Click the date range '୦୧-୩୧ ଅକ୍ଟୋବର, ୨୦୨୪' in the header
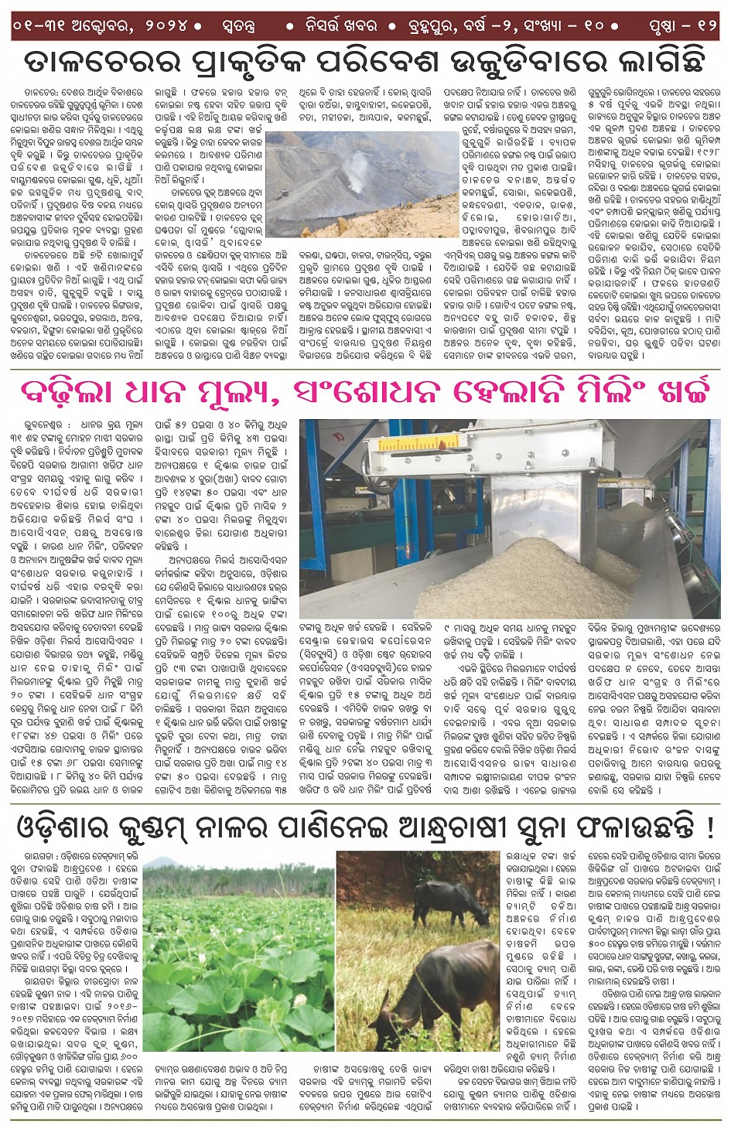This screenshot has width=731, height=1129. click(x=101, y=26)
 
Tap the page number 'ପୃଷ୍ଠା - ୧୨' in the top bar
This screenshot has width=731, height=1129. click(x=683, y=26)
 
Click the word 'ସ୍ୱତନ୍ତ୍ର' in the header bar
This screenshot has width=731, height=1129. click(x=234, y=26)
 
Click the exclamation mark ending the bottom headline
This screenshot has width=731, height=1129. click(x=710, y=827)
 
